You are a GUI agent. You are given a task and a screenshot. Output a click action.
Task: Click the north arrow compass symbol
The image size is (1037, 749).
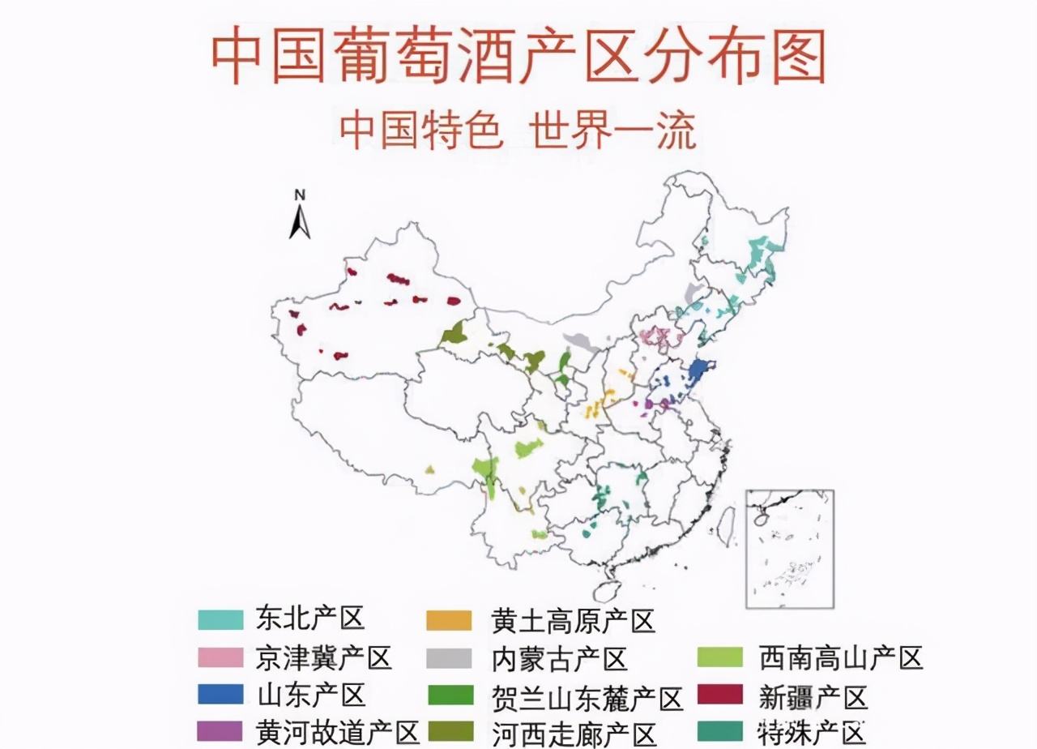[300, 217]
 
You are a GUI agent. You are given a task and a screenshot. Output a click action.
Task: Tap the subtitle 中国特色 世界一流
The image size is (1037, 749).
[518, 131]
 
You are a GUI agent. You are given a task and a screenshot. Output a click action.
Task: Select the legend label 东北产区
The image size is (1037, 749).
[310, 618]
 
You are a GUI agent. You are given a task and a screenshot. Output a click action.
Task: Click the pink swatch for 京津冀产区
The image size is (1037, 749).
[220, 657]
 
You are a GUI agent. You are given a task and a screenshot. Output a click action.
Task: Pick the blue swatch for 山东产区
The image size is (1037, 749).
[220, 694]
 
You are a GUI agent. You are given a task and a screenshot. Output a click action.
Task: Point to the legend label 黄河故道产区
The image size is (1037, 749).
[337, 732]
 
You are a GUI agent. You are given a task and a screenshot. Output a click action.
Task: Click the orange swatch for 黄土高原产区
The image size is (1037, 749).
[449, 621]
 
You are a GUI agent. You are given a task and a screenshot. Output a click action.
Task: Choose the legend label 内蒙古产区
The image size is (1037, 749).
[559, 658]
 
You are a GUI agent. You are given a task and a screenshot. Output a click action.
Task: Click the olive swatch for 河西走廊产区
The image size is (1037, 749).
[449, 732]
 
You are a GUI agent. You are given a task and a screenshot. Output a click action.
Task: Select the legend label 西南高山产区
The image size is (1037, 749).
[841, 657]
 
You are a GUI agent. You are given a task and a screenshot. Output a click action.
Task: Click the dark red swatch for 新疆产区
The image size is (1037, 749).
[719, 695]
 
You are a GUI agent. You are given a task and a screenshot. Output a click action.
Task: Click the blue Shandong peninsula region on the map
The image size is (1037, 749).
[696, 374]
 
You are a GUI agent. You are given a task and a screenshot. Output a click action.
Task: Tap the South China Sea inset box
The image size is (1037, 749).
[789, 548]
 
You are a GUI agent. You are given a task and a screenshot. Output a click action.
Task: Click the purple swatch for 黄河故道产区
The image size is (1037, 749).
[220, 731]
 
